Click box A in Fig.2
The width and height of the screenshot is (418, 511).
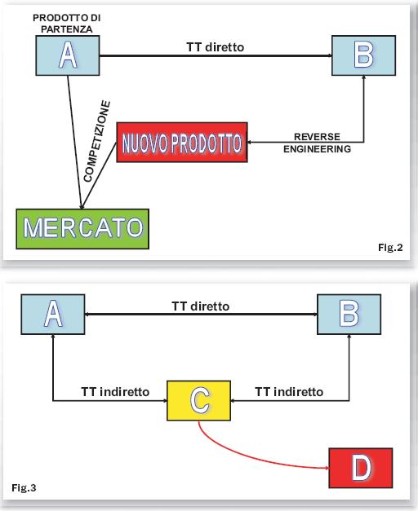(68, 55)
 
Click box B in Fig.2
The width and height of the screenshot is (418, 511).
(364, 55)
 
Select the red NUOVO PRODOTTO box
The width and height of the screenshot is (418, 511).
(182, 143)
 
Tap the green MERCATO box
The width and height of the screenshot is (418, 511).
(82, 229)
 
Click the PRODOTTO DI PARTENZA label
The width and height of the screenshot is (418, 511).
(67, 24)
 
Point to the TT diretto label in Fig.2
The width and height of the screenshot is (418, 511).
(216, 47)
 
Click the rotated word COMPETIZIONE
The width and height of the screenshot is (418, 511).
(97, 141)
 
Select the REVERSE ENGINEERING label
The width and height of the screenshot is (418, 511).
(317, 143)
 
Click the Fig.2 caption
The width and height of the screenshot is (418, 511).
(390, 248)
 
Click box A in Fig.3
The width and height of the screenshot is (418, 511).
(53, 314)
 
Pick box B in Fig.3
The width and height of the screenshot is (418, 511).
(349, 314)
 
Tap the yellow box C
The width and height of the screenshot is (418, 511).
(199, 400)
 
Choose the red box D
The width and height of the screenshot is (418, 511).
(361, 468)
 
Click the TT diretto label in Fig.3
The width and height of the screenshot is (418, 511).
(201, 306)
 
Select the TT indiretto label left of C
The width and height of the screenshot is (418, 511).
(115, 392)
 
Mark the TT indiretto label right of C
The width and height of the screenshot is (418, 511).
(289, 392)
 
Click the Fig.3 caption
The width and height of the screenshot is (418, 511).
(24, 488)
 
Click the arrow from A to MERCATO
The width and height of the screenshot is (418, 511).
(75, 142)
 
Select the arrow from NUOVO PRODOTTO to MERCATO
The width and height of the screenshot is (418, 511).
(99, 176)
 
